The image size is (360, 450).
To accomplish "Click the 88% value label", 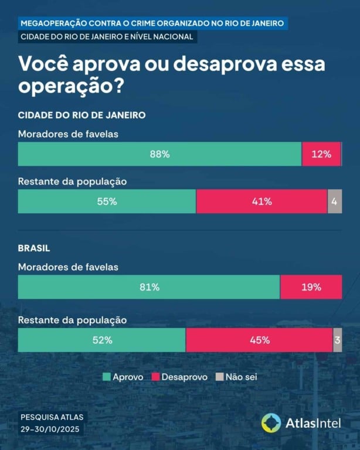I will point(159,155).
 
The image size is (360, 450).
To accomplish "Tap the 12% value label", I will point(321,155).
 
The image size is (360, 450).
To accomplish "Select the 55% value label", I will point(107,202).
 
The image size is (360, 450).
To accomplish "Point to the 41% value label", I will point(261,202).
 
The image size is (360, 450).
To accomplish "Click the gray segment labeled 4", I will point(335,202).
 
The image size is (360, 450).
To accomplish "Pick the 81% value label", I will point(150,287).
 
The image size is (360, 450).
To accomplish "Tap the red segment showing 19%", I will point(311,287).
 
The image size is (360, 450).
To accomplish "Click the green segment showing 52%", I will point(102,340).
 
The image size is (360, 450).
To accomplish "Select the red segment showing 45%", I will point(259,340).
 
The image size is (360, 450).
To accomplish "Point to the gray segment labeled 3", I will point(337,340).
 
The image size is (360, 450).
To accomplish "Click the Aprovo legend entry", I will point(123,377).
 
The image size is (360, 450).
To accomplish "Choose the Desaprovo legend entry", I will point(179,377).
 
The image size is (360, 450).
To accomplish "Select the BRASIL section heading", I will point(34,248).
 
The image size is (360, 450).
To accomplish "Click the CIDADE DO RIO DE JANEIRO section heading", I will point(81,115).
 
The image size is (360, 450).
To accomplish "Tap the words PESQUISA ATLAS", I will point(52,418).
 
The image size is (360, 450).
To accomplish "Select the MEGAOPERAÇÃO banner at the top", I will point(152,23).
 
